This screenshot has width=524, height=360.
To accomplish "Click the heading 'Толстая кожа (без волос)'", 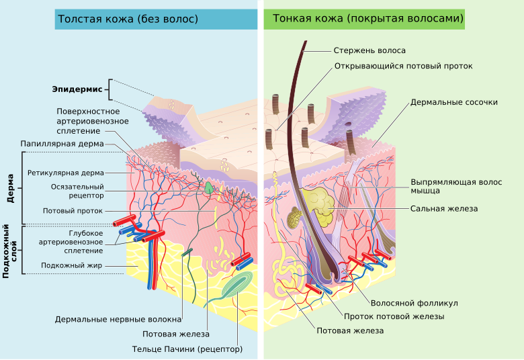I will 128,19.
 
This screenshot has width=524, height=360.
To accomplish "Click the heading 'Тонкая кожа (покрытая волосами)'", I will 368,19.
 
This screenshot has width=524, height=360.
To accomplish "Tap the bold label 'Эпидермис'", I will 77,89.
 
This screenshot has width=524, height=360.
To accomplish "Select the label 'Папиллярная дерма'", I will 62,144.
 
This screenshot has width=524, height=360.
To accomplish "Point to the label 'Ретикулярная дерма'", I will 66,173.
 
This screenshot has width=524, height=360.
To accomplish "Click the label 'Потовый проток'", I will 73,210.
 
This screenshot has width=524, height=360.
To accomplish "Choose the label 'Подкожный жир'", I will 71,265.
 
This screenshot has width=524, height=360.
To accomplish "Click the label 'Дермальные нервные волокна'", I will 118,319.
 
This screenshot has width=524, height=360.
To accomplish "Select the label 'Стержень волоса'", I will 369,50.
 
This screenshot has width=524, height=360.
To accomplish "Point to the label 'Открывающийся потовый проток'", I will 403,66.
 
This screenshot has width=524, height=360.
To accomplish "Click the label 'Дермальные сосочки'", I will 454,103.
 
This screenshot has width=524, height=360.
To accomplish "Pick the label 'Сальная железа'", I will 444,209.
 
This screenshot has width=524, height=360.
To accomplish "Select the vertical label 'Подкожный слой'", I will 10,250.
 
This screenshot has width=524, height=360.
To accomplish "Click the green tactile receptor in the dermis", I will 210,188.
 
